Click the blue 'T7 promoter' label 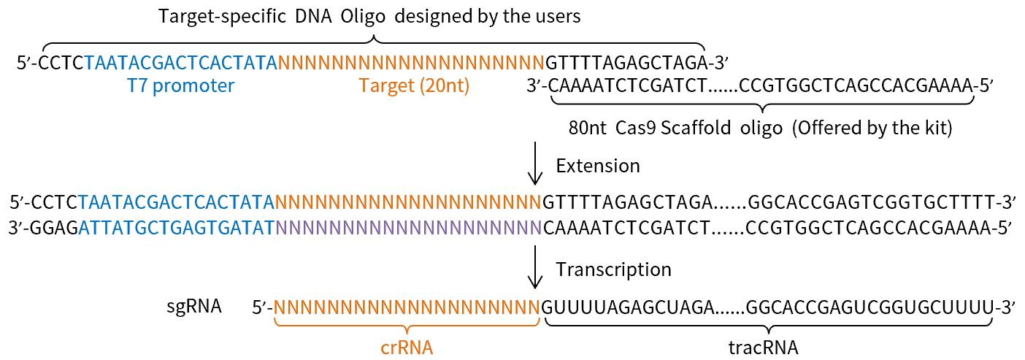[180, 86]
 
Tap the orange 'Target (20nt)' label [414, 86]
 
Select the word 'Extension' [597, 166]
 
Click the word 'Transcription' [613, 269]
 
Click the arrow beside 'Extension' [535, 165]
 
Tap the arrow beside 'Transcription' [535, 268]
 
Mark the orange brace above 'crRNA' [407, 327]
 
